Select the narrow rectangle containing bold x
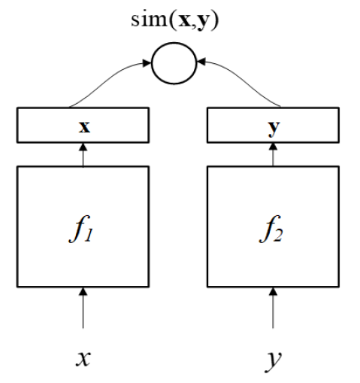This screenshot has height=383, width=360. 83,126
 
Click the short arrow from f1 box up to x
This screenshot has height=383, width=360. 83,155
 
